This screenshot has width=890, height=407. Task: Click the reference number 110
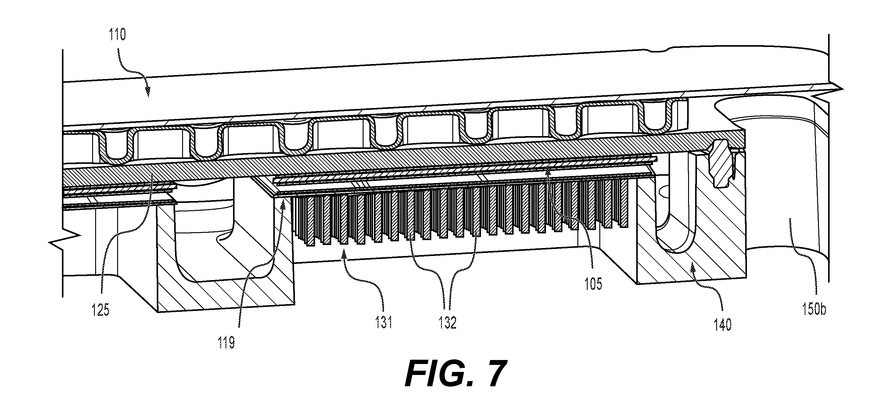[117, 35]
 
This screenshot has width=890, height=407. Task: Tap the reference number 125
[101, 310]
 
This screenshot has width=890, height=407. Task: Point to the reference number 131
[384, 323]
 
